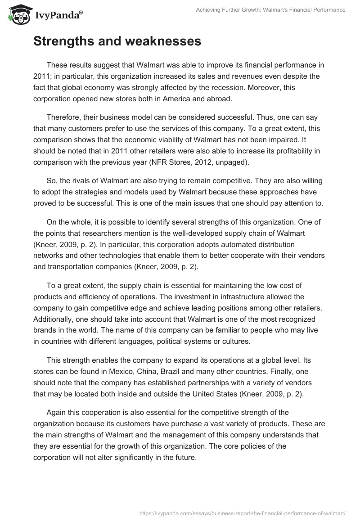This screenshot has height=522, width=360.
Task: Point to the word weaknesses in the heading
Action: [164, 41]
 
